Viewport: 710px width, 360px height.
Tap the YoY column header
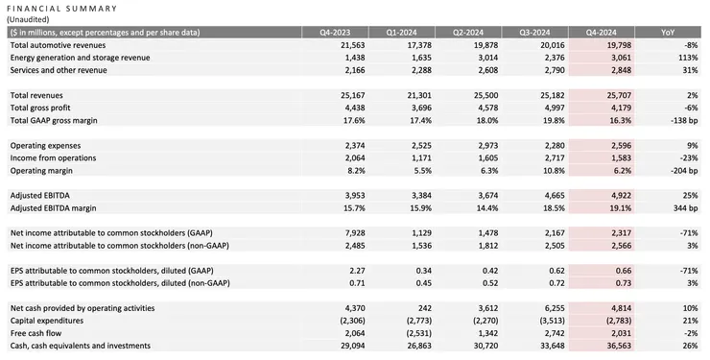668,32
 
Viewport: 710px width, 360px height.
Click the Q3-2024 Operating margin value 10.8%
533,170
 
